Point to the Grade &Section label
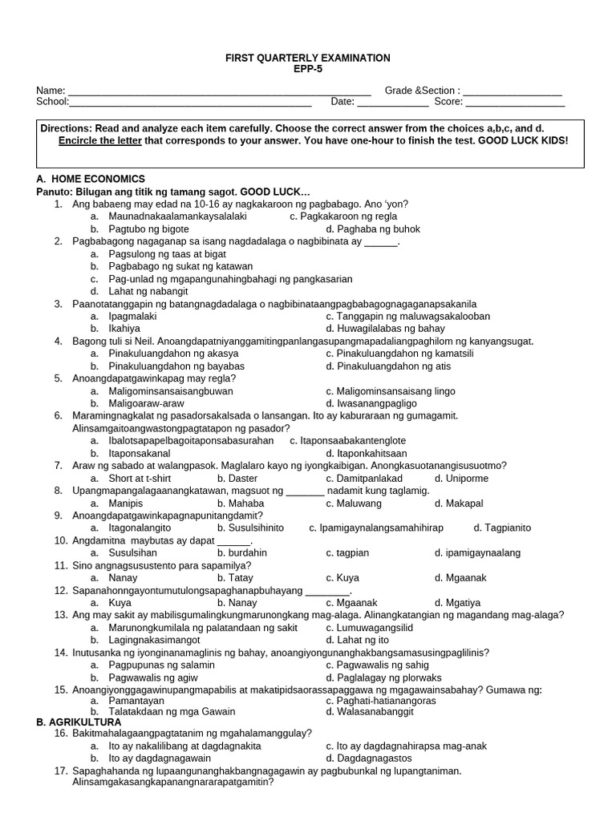coord(422,91)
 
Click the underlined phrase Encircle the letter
coord(100,140)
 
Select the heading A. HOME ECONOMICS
coord(91,179)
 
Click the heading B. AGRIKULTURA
coord(79,722)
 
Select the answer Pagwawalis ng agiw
coord(155,677)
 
